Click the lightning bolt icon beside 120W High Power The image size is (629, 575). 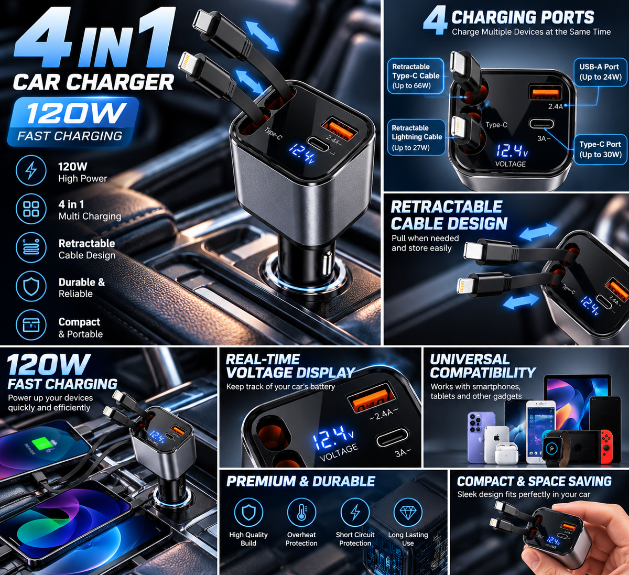point(31,170)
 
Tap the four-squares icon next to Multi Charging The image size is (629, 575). point(31,209)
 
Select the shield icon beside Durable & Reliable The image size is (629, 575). point(31,286)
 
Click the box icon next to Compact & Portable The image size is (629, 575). point(31,324)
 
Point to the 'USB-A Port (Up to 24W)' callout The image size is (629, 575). point(600,72)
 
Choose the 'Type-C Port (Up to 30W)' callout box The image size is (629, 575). point(600,149)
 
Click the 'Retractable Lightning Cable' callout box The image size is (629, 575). point(416,137)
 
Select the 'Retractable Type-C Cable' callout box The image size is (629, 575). point(416,76)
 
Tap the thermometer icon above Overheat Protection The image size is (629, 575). point(301,513)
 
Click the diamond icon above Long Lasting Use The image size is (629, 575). point(408,513)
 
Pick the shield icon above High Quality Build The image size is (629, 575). point(248,513)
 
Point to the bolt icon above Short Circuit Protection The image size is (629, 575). point(355,513)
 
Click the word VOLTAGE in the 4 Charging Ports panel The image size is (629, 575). point(511,164)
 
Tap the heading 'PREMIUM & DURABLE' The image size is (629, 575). point(300,482)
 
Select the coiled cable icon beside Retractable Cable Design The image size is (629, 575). point(31,247)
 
